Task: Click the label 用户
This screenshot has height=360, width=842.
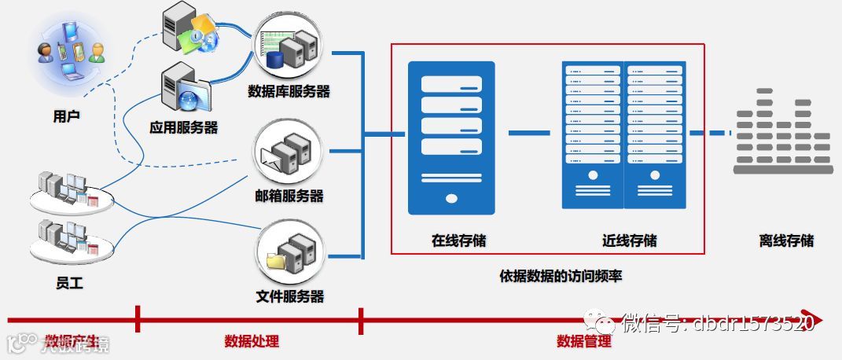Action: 66,116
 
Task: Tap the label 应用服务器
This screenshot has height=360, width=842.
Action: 183,127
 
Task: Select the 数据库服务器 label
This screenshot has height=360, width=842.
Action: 289,91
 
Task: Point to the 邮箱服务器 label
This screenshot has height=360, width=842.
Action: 289,196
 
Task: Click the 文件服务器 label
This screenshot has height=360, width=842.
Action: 289,296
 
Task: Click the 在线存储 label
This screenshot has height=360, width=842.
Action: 458,241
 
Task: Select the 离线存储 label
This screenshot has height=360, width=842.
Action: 786,241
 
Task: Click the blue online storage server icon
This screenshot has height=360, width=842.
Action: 451,138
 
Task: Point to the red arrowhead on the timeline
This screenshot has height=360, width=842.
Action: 816,320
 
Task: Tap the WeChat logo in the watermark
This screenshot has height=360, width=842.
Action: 605,323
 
